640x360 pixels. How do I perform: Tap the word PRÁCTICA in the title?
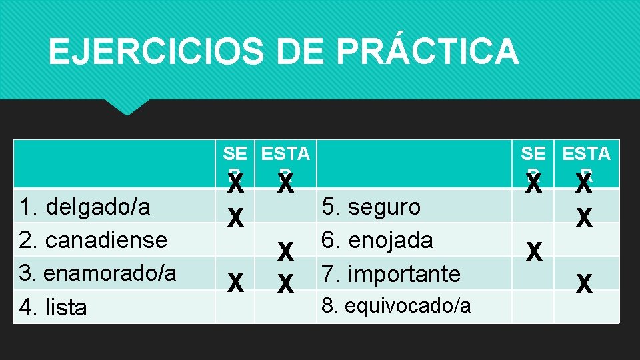(x=435, y=52)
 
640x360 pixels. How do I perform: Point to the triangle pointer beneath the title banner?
(x=127, y=107)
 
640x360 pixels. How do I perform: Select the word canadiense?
(x=103, y=239)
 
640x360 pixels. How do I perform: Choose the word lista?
(x=65, y=307)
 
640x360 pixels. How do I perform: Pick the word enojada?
(x=390, y=239)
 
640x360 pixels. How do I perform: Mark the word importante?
(x=404, y=273)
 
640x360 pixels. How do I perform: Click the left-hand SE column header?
(x=235, y=154)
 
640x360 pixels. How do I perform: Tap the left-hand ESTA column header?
(x=285, y=154)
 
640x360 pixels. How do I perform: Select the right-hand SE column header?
(x=533, y=154)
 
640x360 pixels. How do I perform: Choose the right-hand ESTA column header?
(x=586, y=154)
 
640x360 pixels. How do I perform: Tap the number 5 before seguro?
(x=329, y=207)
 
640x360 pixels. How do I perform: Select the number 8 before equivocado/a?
(x=327, y=306)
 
